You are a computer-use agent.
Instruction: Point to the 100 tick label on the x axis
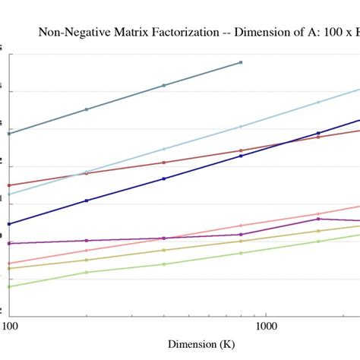(x=10, y=326)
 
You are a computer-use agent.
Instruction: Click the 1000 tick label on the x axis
(x=265, y=326)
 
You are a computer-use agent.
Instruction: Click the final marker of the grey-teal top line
(x=241, y=62)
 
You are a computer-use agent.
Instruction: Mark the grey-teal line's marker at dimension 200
(x=87, y=109)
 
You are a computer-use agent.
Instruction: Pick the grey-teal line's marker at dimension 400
(x=163, y=86)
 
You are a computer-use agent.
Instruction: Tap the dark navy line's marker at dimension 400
(x=163, y=178)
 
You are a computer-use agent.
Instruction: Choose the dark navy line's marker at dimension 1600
(x=318, y=133)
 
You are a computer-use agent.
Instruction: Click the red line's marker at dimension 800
(x=241, y=150)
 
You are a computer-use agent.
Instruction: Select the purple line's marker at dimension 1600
(x=318, y=219)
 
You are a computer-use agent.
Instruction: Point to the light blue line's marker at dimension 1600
(x=318, y=102)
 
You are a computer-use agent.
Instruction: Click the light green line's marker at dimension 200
(x=87, y=272)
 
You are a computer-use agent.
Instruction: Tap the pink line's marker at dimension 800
(x=241, y=226)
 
